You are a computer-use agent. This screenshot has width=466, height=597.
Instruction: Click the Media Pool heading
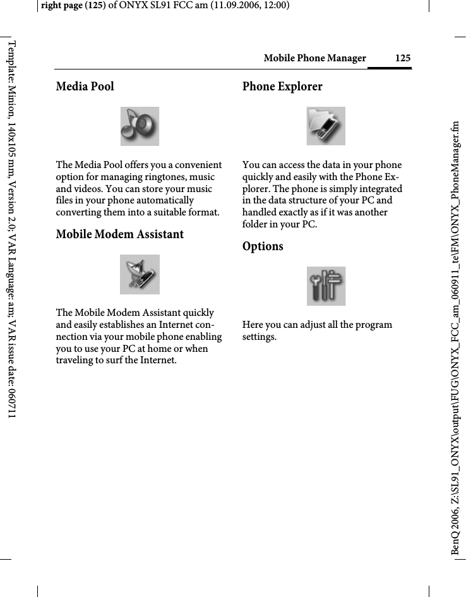click(85, 87)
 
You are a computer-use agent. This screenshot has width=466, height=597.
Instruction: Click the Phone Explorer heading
click(282, 87)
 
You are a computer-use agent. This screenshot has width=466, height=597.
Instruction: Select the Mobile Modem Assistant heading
click(120, 234)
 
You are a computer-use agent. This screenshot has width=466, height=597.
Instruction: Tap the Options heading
click(263, 246)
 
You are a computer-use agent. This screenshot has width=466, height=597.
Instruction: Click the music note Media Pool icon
click(140, 126)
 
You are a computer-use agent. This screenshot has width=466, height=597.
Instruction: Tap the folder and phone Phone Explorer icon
click(326, 126)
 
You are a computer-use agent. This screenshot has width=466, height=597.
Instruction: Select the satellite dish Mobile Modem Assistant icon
click(140, 274)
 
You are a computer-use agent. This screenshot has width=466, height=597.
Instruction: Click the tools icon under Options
click(326, 286)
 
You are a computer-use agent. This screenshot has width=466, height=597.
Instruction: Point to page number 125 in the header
click(403, 59)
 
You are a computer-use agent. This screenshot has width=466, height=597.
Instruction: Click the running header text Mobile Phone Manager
click(314, 59)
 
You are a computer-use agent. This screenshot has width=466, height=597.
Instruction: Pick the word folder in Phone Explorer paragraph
click(256, 224)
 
